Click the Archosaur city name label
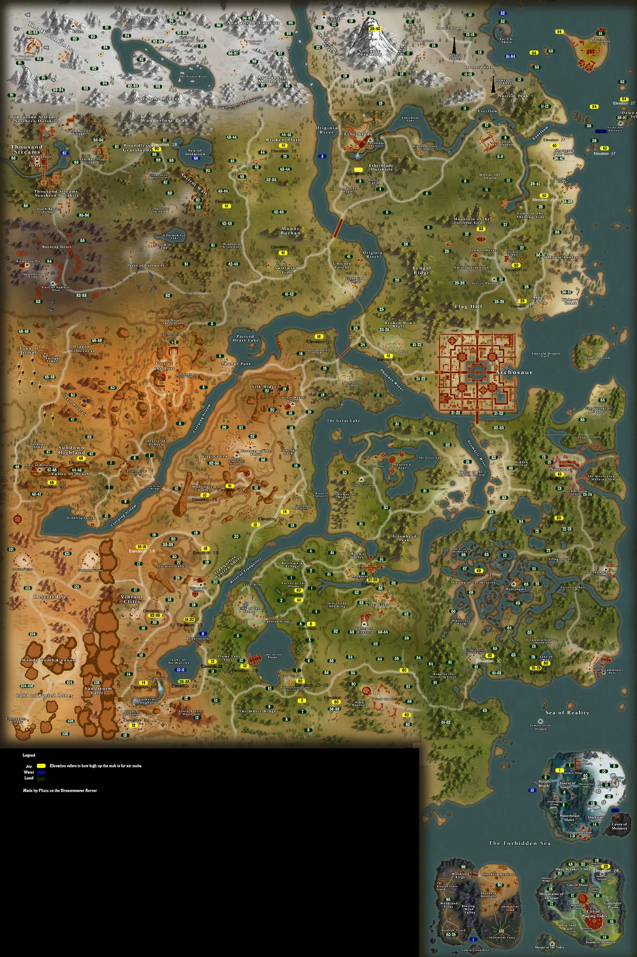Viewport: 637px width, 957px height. (x=513, y=372)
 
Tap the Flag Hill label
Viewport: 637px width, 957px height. (x=468, y=306)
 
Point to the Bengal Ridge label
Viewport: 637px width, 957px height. (x=421, y=270)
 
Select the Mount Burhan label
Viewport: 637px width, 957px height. (x=290, y=230)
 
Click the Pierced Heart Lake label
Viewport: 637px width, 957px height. (x=245, y=338)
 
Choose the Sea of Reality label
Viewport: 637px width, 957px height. (x=567, y=713)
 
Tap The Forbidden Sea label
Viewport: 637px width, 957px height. (x=519, y=843)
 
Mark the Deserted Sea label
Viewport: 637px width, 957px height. (x=52, y=596)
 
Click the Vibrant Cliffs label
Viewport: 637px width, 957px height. (x=132, y=599)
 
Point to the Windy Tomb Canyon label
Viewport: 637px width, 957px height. (x=49, y=660)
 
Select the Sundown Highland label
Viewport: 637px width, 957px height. (x=71, y=450)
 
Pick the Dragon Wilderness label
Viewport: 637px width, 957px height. (x=82, y=348)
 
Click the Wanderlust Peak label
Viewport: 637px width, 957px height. (x=165, y=121)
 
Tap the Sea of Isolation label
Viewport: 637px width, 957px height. (x=195, y=152)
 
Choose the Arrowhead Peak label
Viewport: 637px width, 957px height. (x=404, y=538)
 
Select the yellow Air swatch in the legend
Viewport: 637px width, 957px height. (x=41, y=766)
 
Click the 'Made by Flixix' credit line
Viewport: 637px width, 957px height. (x=59, y=790)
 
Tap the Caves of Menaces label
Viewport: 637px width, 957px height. (x=619, y=826)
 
